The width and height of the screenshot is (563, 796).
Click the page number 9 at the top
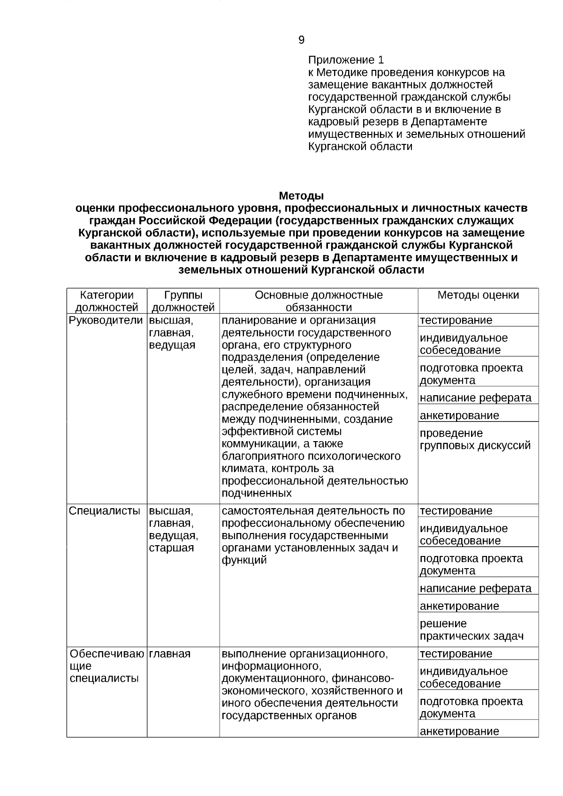pyautogui.click(x=301, y=40)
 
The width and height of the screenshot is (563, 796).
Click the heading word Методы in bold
pyautogui.click(x=301, y=195)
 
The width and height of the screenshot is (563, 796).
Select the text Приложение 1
pyautogui.click(x=346, y=60)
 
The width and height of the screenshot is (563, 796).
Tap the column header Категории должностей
pyautogui.click(x=107, y=301)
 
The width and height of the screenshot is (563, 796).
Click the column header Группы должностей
pyautogui.click(x=183, y=301)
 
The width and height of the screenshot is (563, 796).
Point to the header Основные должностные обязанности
pyautogui.click(x=319, y=301)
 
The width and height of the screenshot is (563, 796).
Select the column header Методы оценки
pyautogui.click(x=478, y=295)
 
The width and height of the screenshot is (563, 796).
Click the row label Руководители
pyautogui.click(x=106, y=320)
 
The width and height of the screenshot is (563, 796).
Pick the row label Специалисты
pyautogui.click(x=105, y=511)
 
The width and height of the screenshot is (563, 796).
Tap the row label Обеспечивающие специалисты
pyautogui.click(x=106, y=666)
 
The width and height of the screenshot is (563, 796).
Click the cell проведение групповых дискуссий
pyautogui.click(x=475, y=439)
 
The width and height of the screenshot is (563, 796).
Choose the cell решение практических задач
pyautogui.click(x=472, y=630)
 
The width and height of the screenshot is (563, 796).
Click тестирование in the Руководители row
pyautogui.click(x=456, y=320)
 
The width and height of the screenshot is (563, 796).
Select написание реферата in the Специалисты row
pyautogui.click(x=476, y=588)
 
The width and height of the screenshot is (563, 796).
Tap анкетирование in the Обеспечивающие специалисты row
pyautogui.click(x=459, y=731)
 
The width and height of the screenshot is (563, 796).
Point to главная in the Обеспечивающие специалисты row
pyautogui.click(x=170, y=653)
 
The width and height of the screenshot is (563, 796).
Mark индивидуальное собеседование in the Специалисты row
pyautogui.click(x=464, y=534)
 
